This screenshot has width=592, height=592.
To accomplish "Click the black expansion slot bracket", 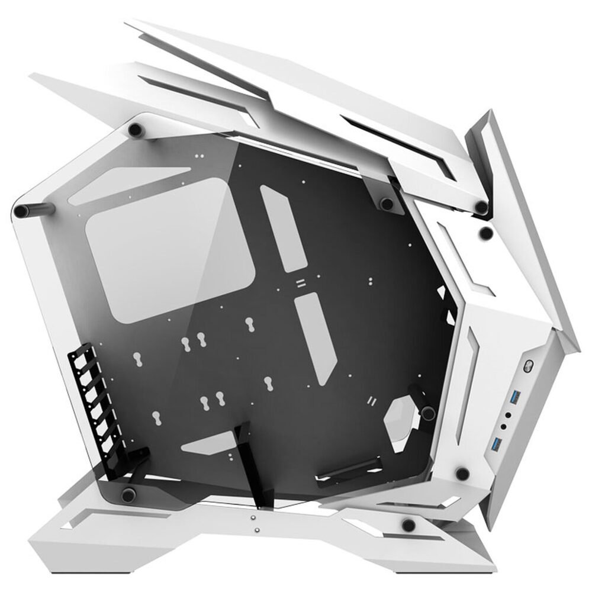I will pyautogui.click(x=89, y=403).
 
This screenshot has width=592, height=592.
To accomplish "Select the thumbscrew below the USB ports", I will pyautogui.click(x=462, y=472).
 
